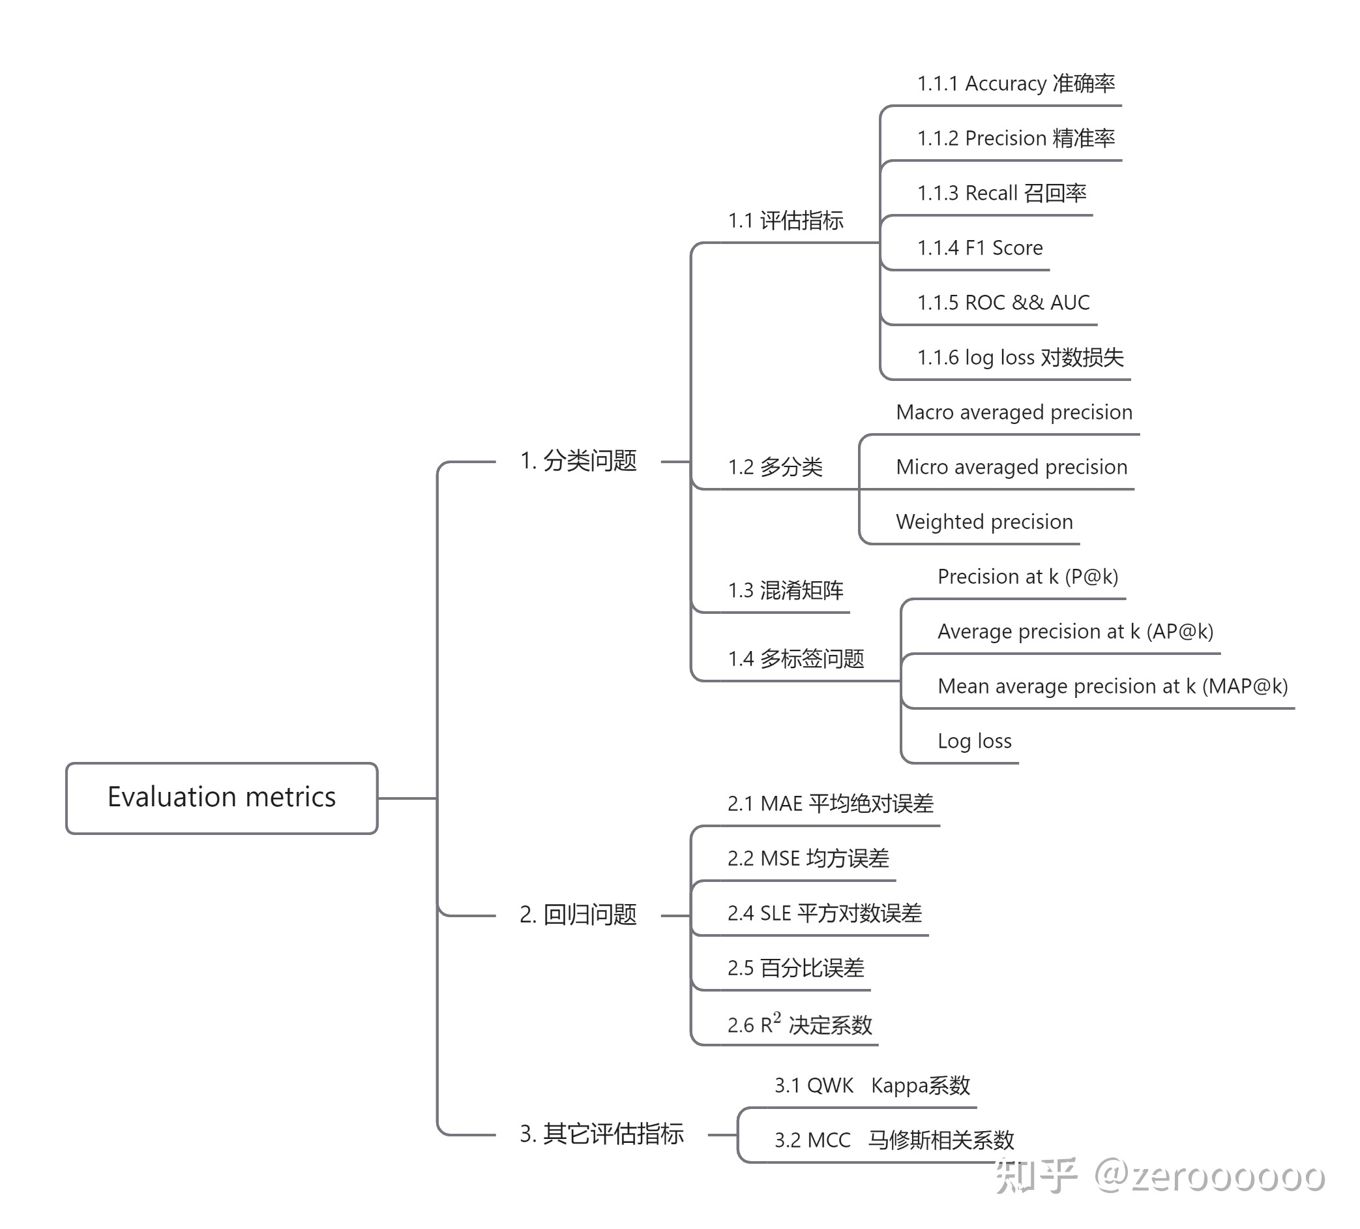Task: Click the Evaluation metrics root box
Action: click(221, 798)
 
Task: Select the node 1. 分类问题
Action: click(578, 461)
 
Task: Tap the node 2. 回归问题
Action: click(578, 915)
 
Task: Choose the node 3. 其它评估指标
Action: click(601, 1134)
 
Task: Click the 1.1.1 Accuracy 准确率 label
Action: click(1015, 83)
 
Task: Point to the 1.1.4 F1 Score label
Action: click(979, 248)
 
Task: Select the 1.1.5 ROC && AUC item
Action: click(1003, 302)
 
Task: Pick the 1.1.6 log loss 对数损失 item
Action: click(1020, 357)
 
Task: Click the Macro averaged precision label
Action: click(1014, 412)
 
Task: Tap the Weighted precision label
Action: click(984, 522)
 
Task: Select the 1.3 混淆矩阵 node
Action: click(785, 590)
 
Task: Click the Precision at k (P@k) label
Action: click(1027, 577)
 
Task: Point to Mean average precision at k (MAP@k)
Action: click(1112, 686)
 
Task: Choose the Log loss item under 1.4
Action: click(974, 741)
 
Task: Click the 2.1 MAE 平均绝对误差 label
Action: click(831, 804)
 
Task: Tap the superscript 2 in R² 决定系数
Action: click(777, 1017)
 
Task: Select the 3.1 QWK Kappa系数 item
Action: click(872, 1085)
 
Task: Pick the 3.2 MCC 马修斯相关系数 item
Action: click(894, 1140)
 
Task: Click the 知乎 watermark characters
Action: click(1035, 1176)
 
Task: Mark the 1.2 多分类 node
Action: click(775, 467)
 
